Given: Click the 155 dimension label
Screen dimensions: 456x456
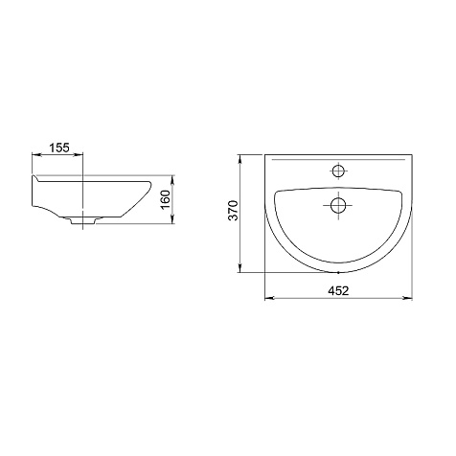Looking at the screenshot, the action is click(x=59, y=148).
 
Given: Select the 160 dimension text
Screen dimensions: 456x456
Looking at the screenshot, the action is click(x=166, y=200).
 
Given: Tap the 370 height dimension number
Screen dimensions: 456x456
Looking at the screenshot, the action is click(x=234, y=211).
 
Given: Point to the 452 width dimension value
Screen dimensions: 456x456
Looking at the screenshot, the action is click(x=338, y=290).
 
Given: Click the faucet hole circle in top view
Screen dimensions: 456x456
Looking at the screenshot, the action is click(x=338, y=171).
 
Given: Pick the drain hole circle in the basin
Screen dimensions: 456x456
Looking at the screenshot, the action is click(x=338, y=205).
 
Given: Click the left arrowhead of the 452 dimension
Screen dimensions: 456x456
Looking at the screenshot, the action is click(x=269, y=298).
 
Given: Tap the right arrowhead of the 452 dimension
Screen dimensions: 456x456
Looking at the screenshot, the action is click(x=408, y=298).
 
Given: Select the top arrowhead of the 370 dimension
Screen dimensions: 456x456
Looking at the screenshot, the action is click(x=239, y=160).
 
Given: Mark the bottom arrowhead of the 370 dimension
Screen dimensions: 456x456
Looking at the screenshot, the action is click(x=239, y=268).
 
